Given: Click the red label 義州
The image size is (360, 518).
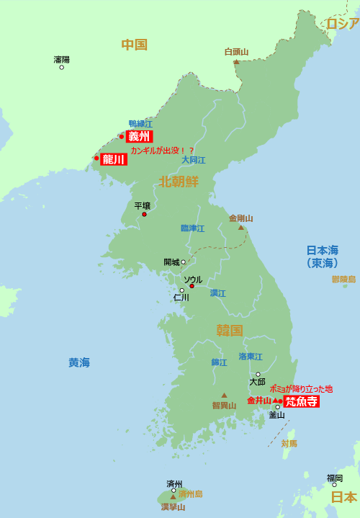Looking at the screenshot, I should [x=140, y=136].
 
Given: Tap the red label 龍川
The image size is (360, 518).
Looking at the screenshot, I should [x=114, y=159].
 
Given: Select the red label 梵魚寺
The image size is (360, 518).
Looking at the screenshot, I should [x=301, y=401].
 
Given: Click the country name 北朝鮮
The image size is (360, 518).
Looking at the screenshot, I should [x=179, y=182].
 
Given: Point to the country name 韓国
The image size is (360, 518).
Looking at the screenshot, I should [x=229, y=331].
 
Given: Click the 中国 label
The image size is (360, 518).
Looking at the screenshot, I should [x=134, y=45].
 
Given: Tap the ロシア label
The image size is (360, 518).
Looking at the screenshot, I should [x=343, y=24].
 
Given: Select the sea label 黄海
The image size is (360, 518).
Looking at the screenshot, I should [x=79, y=362].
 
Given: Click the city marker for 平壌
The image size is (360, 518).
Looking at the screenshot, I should [x=144, y=214].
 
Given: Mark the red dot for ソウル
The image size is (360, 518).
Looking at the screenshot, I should [x=192, y=286].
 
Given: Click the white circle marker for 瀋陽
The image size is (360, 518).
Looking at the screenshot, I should [x=61, y=67].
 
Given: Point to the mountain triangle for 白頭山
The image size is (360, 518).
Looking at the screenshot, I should [x=236, y=62].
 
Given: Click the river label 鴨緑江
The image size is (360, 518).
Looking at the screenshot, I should [x=140, y=124].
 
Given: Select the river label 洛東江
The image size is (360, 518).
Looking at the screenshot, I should [x=251, y=357].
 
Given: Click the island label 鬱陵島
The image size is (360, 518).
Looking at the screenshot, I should [x=343, y=279].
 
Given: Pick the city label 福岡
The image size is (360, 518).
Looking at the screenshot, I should [x=335, y=478].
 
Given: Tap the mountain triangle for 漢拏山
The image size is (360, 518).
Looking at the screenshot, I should [x=173, y=496].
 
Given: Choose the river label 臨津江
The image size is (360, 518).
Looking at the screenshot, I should [x=192, y=228].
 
